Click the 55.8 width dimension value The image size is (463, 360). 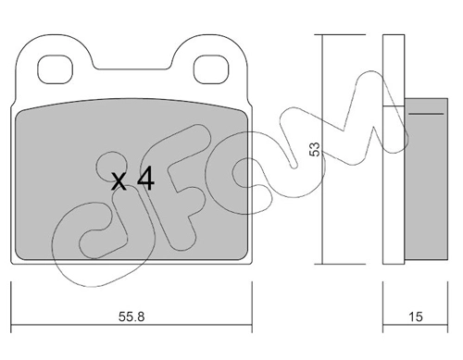pyautogui.click(x=131, y=317)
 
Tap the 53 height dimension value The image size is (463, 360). pyautogui.click(x=315, y=149)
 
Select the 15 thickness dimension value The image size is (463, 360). pyautogui.click(x=416, y=317)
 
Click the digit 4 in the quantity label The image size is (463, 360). pyautogui.click(x=145, y=179)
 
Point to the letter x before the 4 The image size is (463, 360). pyautogui.click(x=119, y=181)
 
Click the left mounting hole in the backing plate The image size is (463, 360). pyautogui.click(x=55, y=69)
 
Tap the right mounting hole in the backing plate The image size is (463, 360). pyautogui.click(x=211, y=69)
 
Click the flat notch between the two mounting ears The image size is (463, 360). pyautogui.click(x=132, y=68)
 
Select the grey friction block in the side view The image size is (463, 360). pyautogui.click(x=426, y=179)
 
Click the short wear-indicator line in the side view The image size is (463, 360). pyautogui.click(x=426, y=114)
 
